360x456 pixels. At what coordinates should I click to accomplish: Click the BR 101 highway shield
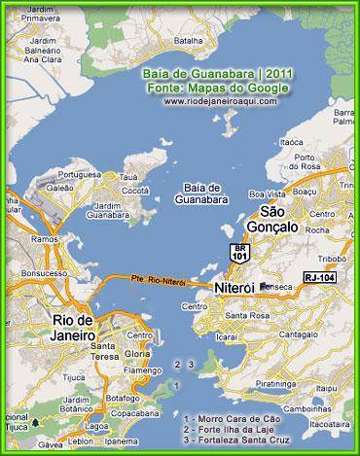[x=238, y=253]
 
